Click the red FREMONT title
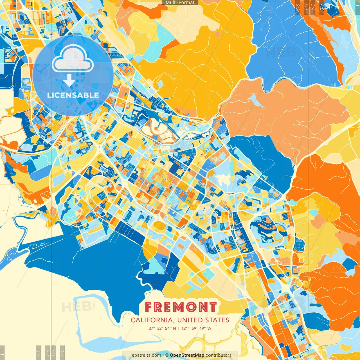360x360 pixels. pos(181,307)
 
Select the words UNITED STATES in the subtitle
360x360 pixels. pos(203,320)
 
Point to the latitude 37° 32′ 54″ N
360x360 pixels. pos(162,328)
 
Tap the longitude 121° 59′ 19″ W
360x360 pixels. pos(196,328)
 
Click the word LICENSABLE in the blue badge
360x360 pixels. pos(73,95)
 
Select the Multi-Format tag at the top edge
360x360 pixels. pos(180,3)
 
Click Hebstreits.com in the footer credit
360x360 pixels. pos(145,355)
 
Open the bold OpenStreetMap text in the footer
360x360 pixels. pos(187,355)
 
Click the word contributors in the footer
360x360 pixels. pos(219,355)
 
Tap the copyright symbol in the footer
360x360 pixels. pos(166,355)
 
